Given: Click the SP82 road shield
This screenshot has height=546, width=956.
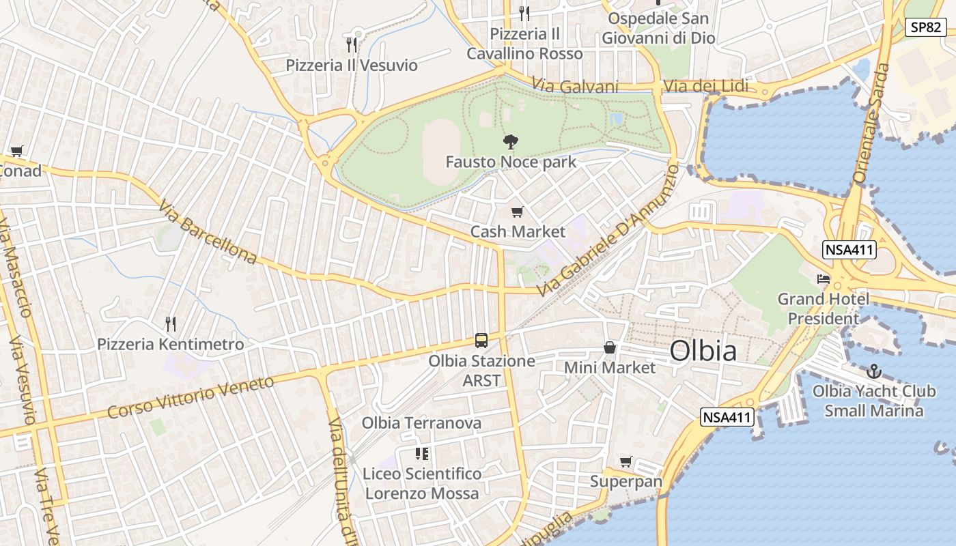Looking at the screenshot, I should [x=926, y=27].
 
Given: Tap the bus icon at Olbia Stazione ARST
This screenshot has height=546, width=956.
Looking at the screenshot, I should [x=481, y=340].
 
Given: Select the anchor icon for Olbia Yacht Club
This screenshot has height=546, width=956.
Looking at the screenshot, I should [x=874, y=372].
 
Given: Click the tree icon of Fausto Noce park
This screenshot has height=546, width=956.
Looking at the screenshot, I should [x=510, y=142].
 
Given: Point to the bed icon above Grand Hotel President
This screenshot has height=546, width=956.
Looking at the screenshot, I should [x=824, y=279].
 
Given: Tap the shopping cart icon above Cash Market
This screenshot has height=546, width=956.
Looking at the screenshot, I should [x=518, y=212].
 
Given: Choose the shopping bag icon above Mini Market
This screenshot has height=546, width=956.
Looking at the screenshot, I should [x=610, y=348].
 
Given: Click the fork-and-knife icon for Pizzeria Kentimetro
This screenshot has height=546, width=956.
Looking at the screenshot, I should [x=171, y=324].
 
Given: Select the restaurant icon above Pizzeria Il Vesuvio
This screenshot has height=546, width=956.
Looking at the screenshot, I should [x=352, y=45].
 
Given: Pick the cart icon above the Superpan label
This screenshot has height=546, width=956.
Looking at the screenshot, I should [x=626, y=462].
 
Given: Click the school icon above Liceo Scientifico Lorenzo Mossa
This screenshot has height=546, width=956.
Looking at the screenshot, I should [x=422, y=453].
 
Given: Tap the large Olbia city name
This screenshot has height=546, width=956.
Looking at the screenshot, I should [x=703, y=351].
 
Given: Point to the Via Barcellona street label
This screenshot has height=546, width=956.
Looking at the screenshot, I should [x=208, y=233].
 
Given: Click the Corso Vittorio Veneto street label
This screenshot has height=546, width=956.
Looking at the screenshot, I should [x=191, y=397].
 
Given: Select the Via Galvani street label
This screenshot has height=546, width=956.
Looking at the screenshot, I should [x=575, y=87].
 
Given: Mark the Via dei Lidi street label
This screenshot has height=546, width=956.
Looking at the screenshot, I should [x=706, y=87].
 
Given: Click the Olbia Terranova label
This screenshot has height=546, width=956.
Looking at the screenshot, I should [x=421, y=423].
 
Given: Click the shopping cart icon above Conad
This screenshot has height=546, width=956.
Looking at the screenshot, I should [x=16, y=152].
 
